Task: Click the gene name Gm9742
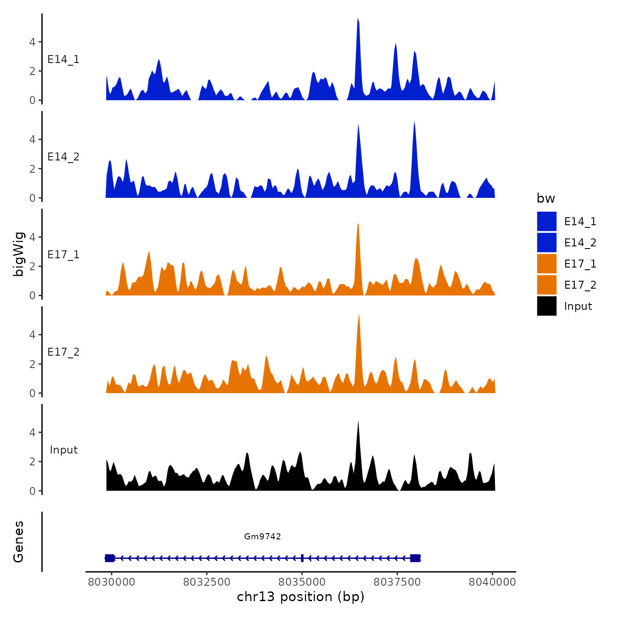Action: (263, 536)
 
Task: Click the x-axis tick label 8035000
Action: (302, 582)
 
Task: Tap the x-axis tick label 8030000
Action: (112, 582)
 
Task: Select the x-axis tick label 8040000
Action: (492, 582)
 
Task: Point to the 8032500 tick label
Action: (207, 582)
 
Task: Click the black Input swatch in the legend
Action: (546, 306)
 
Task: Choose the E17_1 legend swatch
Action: (546, 264)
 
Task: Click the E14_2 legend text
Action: (580, 242)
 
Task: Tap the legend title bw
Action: (546, 198)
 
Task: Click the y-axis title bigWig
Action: (19, 254)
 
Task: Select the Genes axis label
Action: (19, 542)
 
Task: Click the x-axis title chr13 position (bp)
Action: (301, 597)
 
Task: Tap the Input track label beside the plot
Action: (63, 450)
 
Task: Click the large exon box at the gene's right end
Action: (415, 558)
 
